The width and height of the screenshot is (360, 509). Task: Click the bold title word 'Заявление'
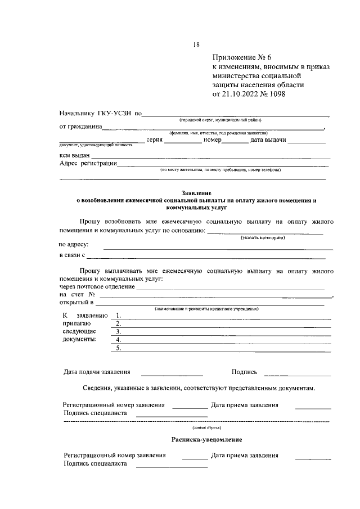(196, 193)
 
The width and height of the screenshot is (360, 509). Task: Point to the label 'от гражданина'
(80, 127)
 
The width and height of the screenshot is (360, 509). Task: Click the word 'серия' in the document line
(154, 140)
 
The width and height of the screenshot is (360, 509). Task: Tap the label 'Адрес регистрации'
(88, 164)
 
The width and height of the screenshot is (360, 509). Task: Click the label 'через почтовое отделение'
(97, 286)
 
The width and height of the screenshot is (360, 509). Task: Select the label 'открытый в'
(76, 303)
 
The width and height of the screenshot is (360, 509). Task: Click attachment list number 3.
(118, 332)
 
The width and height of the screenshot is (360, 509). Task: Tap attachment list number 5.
(118, 348)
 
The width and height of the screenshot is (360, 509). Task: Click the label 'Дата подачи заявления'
(97, 372)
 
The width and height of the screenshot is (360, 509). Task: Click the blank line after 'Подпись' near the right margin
(298, 374)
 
